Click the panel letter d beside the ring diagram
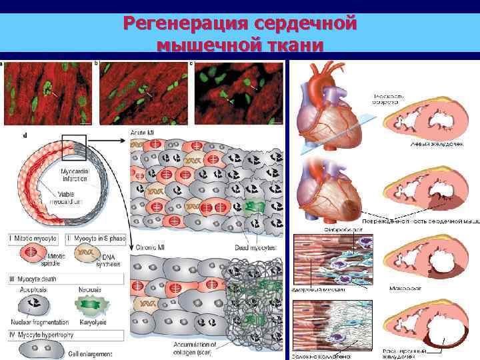(25, 136)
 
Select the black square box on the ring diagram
(74, 148)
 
